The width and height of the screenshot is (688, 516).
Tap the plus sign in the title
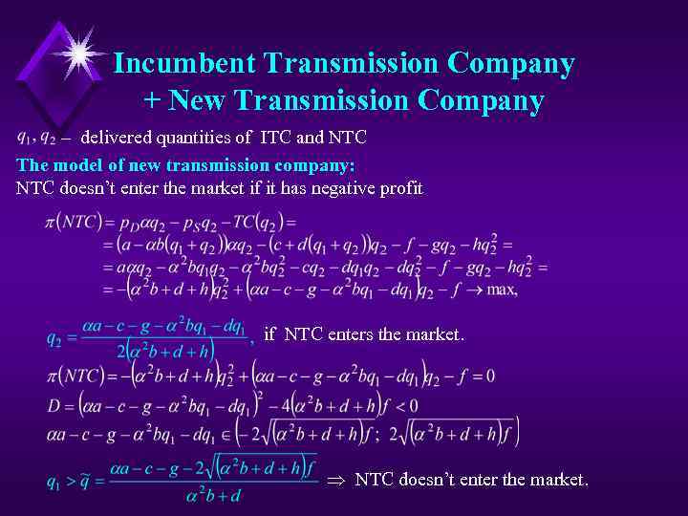tap(153, 99)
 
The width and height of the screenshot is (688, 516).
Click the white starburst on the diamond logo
tap(79, 48)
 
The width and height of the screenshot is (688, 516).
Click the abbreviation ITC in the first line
tap(275, 138)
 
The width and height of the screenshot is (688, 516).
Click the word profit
tap(401, 188)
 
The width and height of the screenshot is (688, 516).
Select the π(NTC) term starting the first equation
tap(73, 222)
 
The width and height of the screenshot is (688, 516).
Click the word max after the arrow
tap(502, 290)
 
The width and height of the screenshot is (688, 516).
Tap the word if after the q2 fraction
tap(269, 333)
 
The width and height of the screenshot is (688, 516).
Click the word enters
tap(363, 333)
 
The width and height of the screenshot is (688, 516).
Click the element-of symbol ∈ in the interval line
tap(226, 435)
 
